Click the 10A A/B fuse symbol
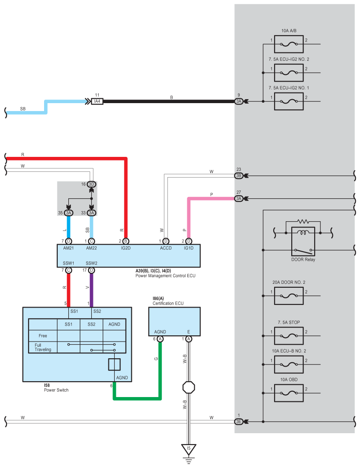tap(289, 44)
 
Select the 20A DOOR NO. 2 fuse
tap(289, 296)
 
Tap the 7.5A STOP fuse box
tap(289, 336)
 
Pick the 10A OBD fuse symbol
tap(289, 393)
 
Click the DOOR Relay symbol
tap(303, 241)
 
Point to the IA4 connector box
tap(97, 101)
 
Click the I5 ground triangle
tap(189, 449)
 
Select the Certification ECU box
tap(174, 321)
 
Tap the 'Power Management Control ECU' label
tap(165, 276)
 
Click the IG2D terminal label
tap(126, 248)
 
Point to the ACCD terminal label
tap(166, 248)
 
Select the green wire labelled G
tap(137, 398)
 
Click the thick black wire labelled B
tap(169, 101)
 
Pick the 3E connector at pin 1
tap(238, 422)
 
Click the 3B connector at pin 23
tap(238, 176)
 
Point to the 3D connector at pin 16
tap(91, 184)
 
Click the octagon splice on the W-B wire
tap(189, 387)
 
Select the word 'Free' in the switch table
tap(43, 336)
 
